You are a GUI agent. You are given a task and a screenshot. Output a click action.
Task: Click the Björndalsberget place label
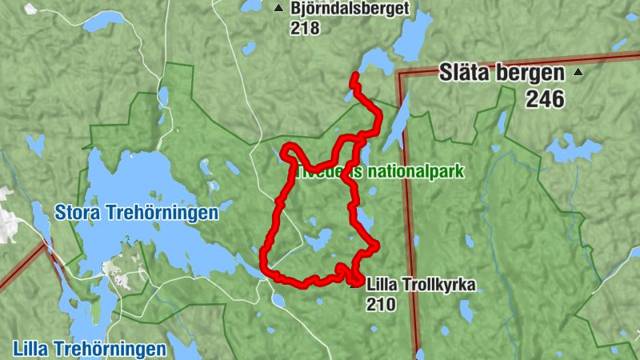pos(350,9)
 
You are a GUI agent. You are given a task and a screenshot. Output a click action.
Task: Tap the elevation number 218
pos(306,28)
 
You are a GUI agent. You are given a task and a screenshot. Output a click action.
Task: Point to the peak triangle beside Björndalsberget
pos(278,9)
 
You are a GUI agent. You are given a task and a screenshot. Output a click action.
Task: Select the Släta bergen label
pos(502,74)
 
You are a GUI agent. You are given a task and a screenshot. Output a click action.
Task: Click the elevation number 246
pos(545,99)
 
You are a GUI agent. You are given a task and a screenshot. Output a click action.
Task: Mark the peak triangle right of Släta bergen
pos(578,74)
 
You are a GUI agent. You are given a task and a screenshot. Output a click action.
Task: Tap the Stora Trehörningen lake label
pos(137,214)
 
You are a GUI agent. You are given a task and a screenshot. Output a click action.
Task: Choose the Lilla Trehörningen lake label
pos(90,349)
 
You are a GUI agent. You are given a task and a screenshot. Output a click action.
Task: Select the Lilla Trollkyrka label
pos(421,284)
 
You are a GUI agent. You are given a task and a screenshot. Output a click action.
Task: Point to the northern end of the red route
pos(354,75)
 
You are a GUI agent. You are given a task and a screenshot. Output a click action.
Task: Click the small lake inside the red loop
pos(318,238)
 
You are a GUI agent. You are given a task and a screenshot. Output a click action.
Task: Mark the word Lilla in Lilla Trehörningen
pos(32,349)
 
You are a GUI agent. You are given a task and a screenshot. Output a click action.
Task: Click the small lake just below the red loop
pos(279,300)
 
